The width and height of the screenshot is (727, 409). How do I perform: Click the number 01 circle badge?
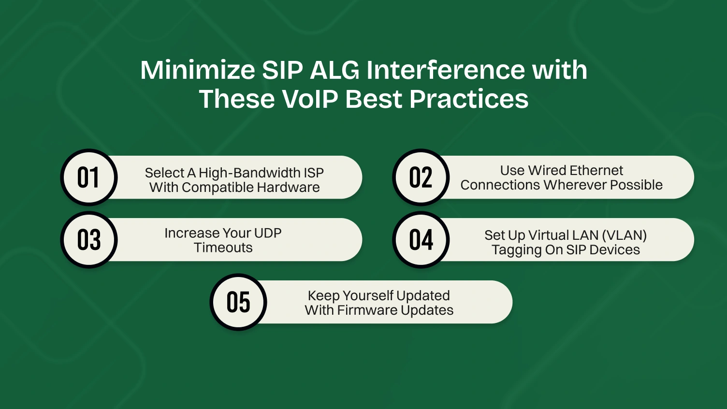pyautogui.click(x=88, y=177)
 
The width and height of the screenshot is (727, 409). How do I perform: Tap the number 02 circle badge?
pyautogui.click(x=421, y=177)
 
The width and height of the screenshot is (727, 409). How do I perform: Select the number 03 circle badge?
pyautogui.click(x=88, y=240)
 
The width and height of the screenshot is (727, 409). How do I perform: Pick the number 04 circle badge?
pyautogui.click(x=421, y=240)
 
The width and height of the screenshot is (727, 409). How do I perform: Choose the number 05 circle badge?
pyautogui.click(x=238, y=302)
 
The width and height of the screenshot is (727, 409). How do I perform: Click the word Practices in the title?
pyautogui.click(x=469, y=99)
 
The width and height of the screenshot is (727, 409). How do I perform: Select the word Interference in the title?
pyautogui.click(x=445, y=70)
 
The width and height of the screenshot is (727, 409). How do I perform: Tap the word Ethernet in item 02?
pyautogui.click(x=596, y=171)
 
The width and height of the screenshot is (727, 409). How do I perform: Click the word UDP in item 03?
pyautogui.click(x=267, y=233)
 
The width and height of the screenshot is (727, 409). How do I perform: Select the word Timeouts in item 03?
pyautogui.click(x=223, y=248)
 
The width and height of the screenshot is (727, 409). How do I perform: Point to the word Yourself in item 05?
pyautogui.click(x=368, y=295)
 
